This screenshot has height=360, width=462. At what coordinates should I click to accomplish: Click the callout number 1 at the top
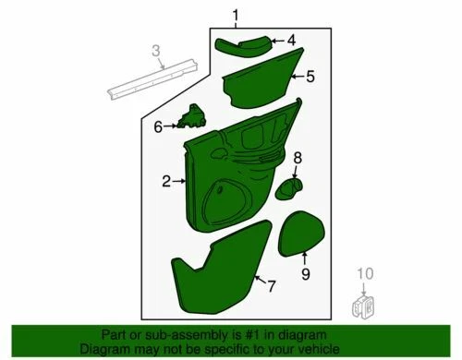235,15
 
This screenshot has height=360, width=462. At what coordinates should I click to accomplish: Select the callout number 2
167,183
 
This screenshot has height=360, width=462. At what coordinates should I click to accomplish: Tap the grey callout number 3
157,50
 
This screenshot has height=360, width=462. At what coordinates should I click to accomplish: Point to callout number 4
290,41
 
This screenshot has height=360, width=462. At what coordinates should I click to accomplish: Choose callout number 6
158,126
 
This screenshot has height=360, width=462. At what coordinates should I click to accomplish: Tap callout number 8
298,159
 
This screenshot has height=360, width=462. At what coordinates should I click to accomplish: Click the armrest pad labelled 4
244,43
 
